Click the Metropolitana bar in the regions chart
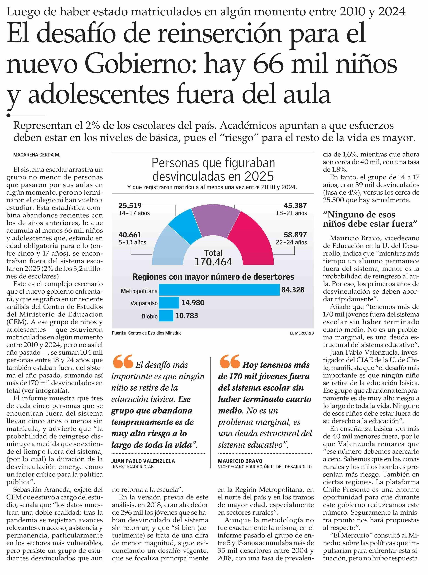(219, 290)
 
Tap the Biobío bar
(166, 316)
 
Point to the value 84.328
(293, 290)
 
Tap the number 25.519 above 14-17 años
(130, 206)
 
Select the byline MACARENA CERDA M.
(37, 155)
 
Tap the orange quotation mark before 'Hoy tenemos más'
(230, 362)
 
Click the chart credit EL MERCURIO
(302, 333)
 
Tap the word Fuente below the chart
(119, 333)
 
